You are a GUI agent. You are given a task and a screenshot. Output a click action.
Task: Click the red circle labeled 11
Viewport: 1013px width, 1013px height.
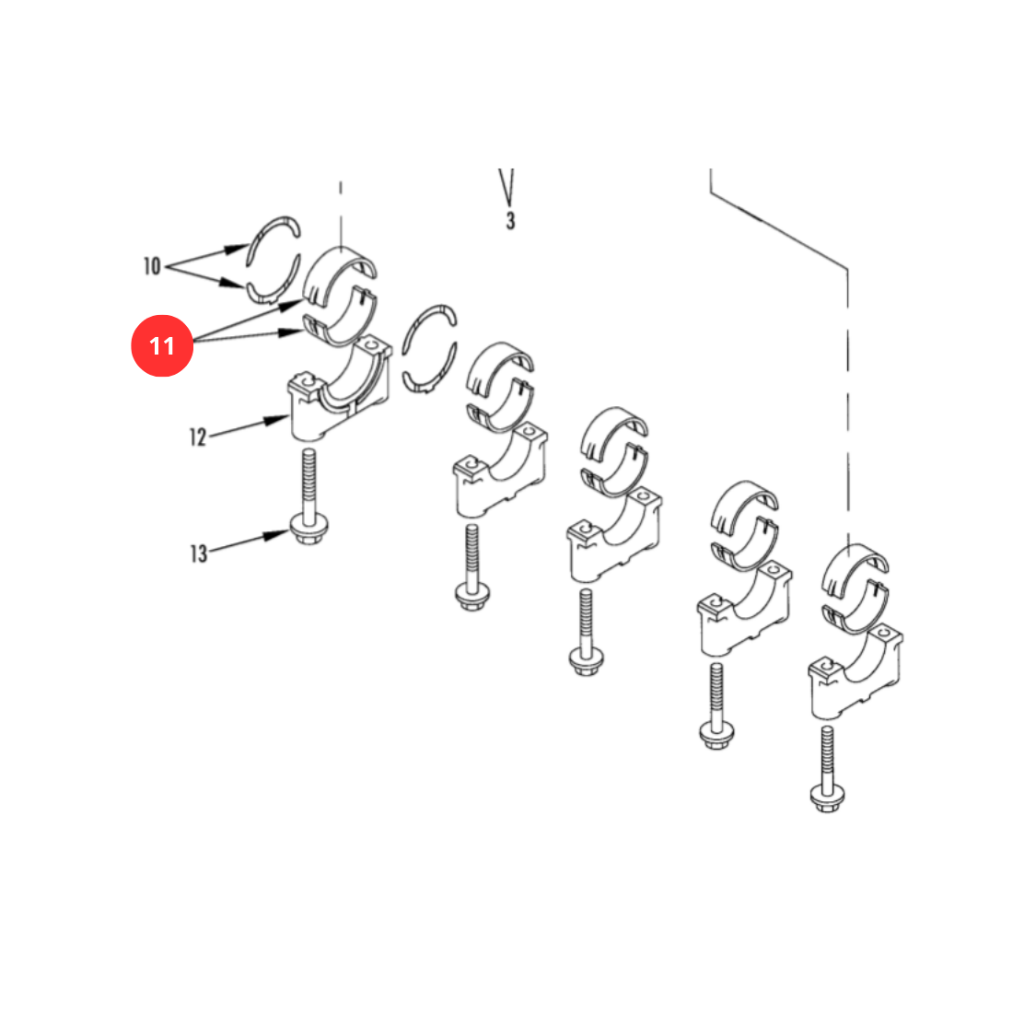point(162,345)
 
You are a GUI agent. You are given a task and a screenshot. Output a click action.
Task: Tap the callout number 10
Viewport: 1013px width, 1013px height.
point(152,265)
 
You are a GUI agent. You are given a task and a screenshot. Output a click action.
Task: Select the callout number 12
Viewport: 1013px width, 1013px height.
point(198,437)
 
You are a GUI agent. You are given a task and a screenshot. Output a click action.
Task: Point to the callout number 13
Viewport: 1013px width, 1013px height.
point(198,553)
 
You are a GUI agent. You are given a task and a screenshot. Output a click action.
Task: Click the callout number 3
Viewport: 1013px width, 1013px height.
point(510,221)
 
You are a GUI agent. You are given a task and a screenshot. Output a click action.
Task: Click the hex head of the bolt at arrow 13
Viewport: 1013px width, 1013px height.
point(309,530)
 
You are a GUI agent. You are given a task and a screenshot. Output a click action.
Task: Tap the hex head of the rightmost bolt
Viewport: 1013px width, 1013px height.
point(827,798)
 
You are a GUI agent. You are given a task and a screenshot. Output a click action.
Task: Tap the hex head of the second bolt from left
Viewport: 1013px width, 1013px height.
point(472,596)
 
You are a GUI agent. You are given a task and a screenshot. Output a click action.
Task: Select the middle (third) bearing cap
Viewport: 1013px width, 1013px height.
point(614,536)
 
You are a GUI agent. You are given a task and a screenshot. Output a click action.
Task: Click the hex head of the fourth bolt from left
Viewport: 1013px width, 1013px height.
point(716,735)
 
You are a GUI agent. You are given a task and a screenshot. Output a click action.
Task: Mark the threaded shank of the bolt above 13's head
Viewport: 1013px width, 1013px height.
point(309,482)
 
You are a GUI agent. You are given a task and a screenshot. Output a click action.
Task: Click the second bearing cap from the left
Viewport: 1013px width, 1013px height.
point(500,470)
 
